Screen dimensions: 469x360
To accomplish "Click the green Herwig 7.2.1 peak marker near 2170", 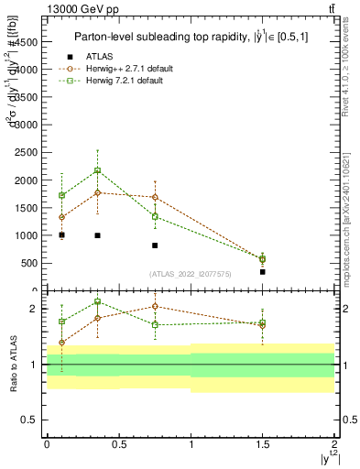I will [x=97, y=170].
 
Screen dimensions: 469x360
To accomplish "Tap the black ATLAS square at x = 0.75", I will [x=155, y=245].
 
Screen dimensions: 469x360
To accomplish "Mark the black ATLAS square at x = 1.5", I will [x=263, y=272].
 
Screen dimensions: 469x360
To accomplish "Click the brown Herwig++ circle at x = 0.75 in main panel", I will [x=155, y=197].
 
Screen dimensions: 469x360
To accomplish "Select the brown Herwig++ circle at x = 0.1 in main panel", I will [x=61, y=217].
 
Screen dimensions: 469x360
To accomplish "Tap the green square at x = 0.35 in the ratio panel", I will [x=97, y=301].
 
